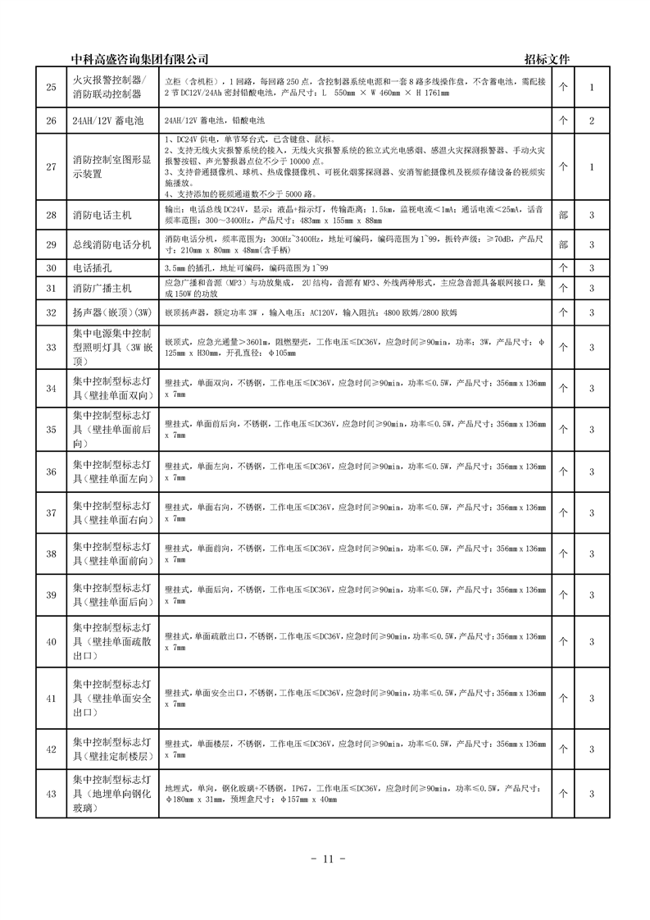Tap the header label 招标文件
pos(547,59)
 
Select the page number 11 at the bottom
pos(325,859)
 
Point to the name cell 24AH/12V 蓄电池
pos(107,121)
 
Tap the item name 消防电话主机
pos(102,216)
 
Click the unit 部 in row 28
pos(562,216)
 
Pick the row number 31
pos(51,288)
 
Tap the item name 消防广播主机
pos(102,288)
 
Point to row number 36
pos(51,471)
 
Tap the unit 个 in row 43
pos(562,794)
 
